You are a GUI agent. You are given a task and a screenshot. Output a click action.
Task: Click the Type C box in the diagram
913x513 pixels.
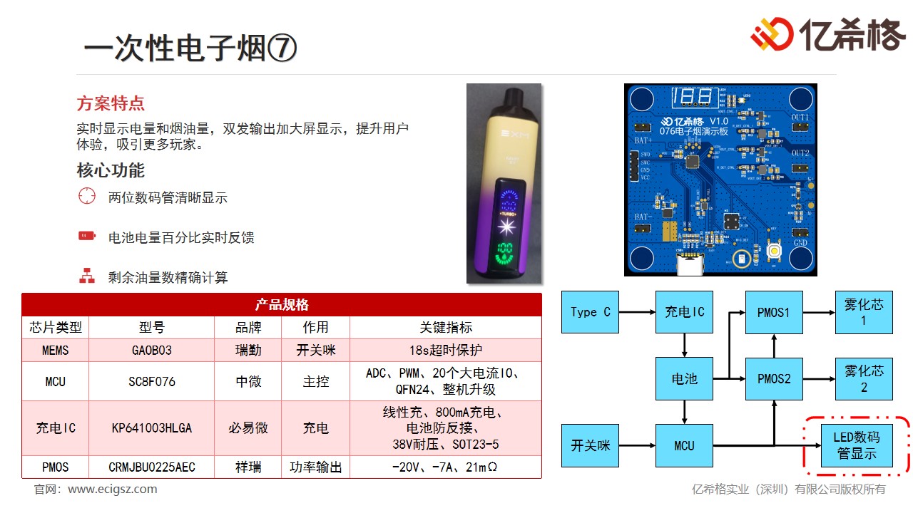coord(590,312)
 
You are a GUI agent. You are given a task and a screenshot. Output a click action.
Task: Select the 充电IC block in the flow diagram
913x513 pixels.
coord(684,312)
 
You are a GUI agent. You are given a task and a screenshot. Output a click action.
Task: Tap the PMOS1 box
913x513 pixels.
coord(774,312)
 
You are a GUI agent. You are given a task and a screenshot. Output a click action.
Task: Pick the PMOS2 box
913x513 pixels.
coord(774,379)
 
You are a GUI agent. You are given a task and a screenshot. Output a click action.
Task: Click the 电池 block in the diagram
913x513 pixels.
coord(684,379)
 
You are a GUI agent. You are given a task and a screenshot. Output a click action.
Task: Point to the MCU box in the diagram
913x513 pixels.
coord(684,446)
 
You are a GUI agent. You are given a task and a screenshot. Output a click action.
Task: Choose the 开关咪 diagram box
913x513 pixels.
coord(590,446)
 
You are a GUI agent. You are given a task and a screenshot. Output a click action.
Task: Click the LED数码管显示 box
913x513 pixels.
coord(857,446)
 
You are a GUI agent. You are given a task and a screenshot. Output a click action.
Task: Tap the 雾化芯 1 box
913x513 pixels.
coord(864,312)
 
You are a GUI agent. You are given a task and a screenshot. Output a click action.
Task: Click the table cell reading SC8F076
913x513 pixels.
coord(151,381)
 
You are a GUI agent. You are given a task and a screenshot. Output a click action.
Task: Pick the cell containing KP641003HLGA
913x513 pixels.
coord(151,428)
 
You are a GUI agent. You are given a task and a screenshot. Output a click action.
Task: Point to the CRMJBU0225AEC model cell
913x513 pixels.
coord(151,467)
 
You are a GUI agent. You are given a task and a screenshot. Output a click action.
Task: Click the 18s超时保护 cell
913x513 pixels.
coord(446,350)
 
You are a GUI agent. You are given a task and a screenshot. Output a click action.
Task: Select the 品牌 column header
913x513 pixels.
coord(248,327)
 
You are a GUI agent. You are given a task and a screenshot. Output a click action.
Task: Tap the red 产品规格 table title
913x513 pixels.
coord(282,305)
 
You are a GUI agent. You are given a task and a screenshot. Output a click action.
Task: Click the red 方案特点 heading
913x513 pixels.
coord(111,103)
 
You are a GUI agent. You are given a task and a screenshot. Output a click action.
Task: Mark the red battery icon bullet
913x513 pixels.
coord(87,236)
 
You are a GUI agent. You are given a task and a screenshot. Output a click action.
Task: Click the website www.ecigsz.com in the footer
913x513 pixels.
coord(113,489)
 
